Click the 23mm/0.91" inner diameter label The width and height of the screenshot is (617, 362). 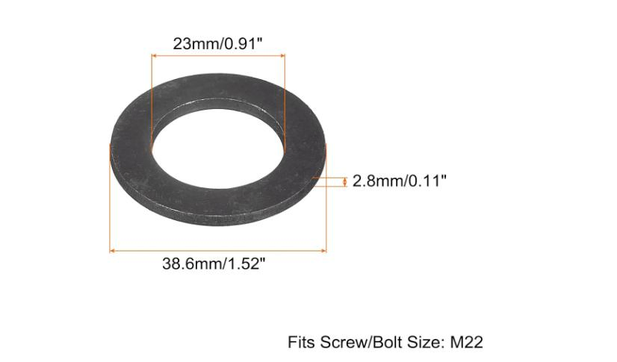[x=218, y=43]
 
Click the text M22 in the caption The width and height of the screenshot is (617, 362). [x=467, y=343]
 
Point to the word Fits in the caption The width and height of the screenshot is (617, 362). [x=301, y=343]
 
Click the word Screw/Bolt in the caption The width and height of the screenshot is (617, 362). [x=358, y=343]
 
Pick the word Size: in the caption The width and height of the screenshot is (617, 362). [x=424, y=343]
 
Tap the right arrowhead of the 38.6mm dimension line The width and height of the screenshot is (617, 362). [x=323, y=250]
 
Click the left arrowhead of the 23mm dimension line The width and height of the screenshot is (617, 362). [x=155, y=55]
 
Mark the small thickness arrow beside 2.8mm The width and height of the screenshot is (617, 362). [x=344, y=181]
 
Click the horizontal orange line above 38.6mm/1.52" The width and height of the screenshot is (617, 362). [x=218, y=250]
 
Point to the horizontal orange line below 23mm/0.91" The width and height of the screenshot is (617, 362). [x=218, y=55]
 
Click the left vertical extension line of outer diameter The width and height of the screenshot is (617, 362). [x=111, y=202]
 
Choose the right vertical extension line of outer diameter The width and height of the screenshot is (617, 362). [x=326, y=216]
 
